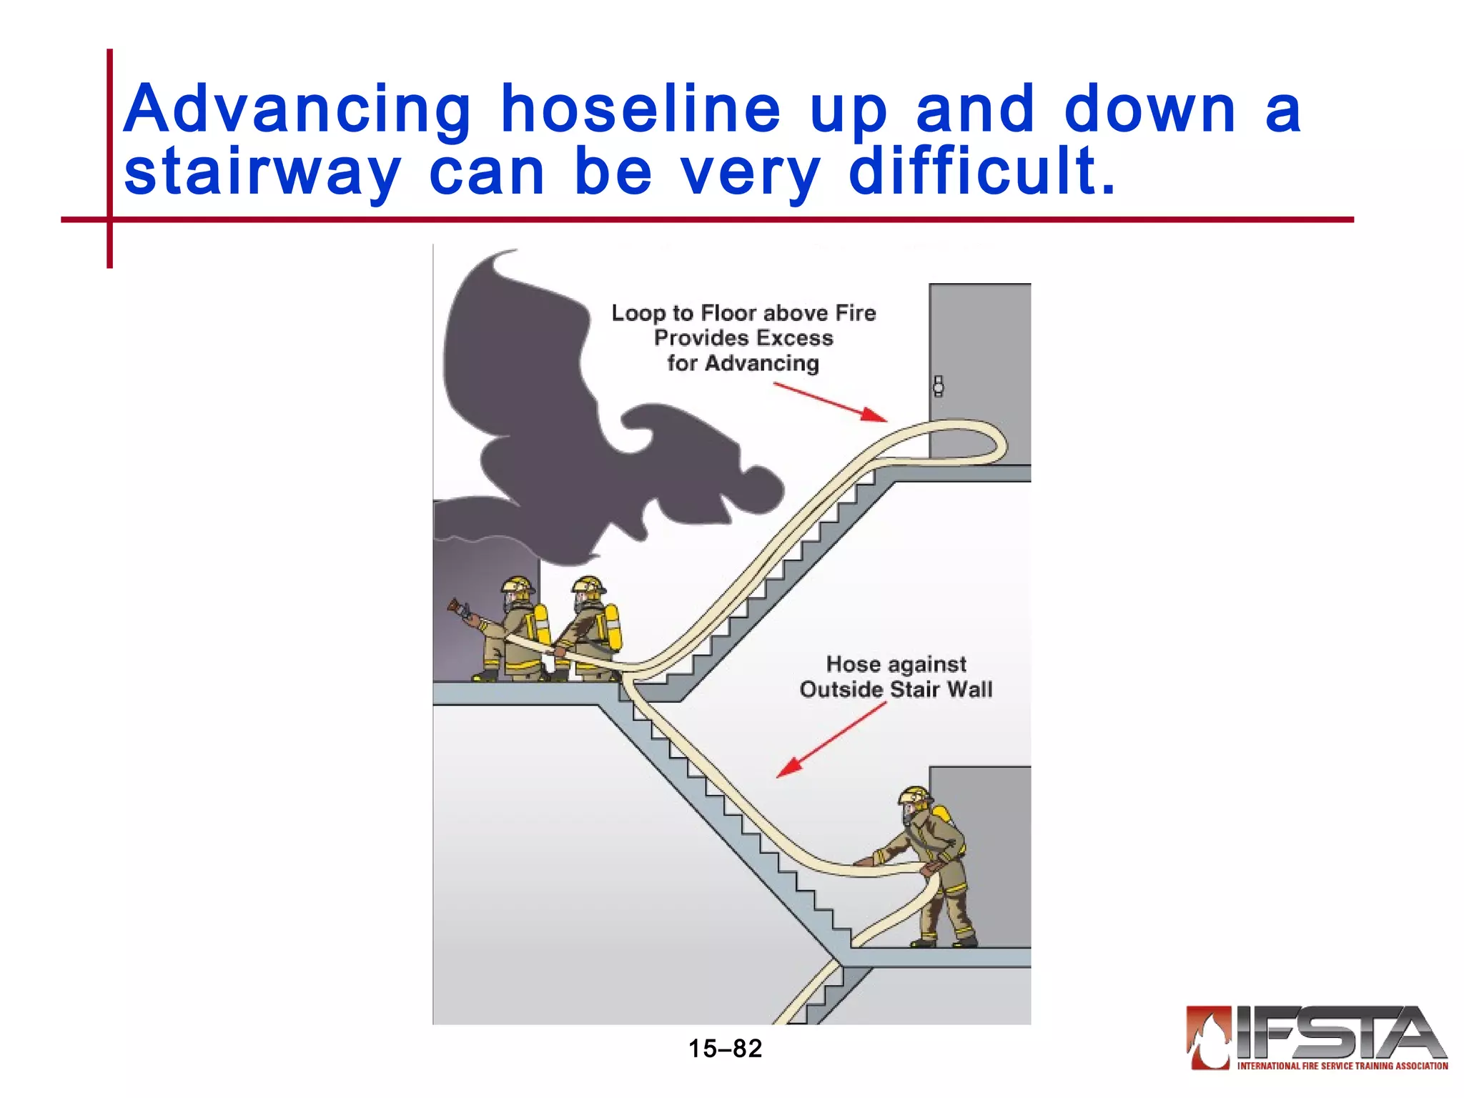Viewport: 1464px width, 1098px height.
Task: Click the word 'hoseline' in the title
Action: [x=640, y=110]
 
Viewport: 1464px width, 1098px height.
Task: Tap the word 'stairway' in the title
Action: [x=262, y=173]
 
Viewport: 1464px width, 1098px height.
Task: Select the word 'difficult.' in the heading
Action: [x=981, y=172]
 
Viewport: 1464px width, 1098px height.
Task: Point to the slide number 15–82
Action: [x=725, y=1049]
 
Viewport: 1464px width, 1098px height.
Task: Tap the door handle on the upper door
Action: [x=938, y=387]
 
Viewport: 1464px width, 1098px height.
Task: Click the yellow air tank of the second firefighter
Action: [x=613, y=626]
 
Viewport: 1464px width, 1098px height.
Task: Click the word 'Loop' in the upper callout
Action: [x=639, y=313]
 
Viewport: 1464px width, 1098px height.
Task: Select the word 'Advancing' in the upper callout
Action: [x=762, y=363]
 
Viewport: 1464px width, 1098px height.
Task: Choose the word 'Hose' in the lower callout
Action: [x=853, y=664]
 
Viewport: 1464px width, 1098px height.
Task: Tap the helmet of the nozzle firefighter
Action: [x=517, y=585]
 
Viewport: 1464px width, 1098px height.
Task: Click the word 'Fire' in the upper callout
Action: [x=856, y=313]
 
